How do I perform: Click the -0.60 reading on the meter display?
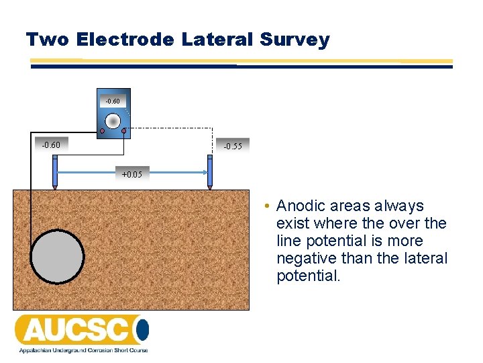tap(113, 101)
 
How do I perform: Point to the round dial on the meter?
tap(113, 120)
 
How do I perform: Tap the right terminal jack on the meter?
tap(124, 130)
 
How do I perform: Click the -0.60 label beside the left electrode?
tap(51, 145)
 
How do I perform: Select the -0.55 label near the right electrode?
tap(233, 146)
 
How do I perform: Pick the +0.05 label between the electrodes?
tap(131, 175)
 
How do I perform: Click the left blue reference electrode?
tap(55, 172)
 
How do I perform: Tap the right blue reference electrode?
tap(209, 172)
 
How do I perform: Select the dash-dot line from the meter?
tap(171, 128)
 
